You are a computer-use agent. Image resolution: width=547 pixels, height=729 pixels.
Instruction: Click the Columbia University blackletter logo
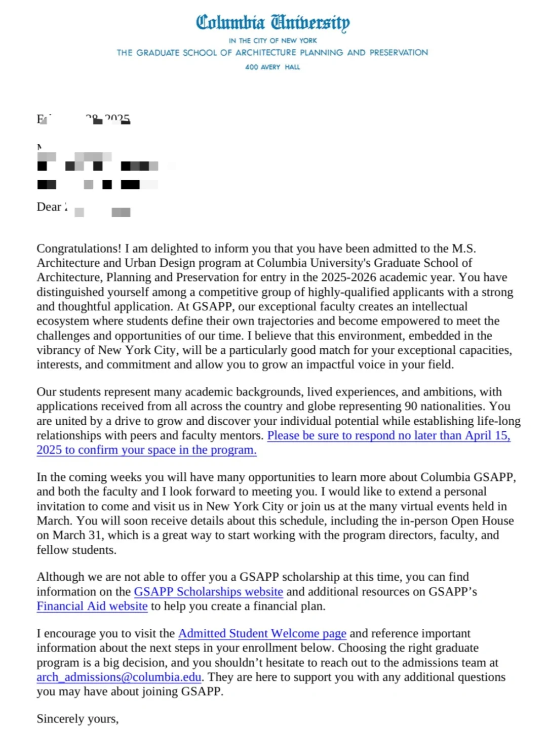click(272, 23)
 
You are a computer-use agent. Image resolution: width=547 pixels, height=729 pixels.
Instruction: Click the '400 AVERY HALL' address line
click(272, 67)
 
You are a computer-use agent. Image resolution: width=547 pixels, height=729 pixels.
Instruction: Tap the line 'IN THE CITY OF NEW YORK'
click(272, 40)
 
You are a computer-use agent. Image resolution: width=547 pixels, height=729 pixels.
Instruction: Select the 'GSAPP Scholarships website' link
click(208, 592)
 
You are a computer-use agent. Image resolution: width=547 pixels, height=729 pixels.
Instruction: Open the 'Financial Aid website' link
click(92, 606)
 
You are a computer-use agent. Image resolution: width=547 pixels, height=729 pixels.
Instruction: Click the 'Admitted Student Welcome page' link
click(262, 634)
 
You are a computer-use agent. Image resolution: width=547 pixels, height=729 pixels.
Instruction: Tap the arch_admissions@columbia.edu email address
click(119, 677)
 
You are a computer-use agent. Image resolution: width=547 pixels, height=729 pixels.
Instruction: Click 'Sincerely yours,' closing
click(77, 719)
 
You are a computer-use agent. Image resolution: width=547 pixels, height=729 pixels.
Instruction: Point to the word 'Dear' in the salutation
click(49, 207)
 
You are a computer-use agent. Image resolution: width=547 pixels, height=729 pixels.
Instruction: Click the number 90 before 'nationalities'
click(411, 407)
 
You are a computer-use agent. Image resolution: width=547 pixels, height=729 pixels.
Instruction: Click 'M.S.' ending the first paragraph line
click(464, 249)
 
